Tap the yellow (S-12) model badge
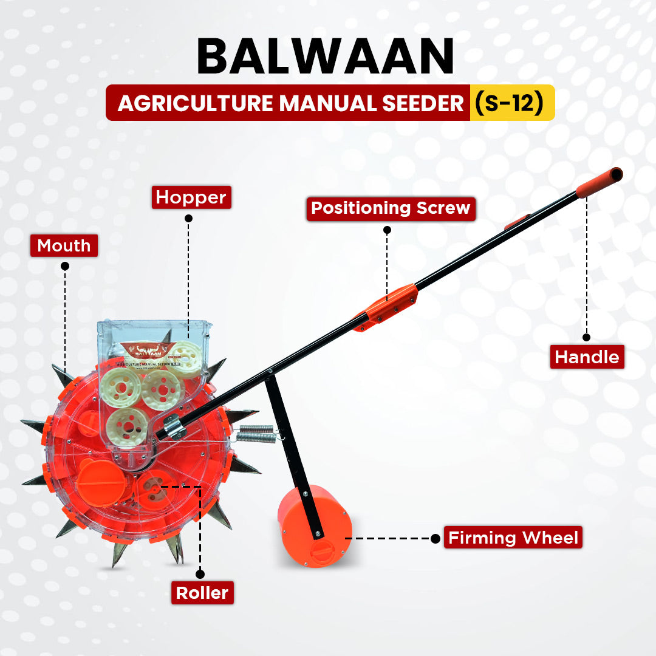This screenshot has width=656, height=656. pyautogui.click(x=511, y=103)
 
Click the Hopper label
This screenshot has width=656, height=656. pyautogui.click(x=191, y=197)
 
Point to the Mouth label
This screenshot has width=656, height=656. pyautogui.click(x=64, y=245)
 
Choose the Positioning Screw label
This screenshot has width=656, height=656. pyautogui.click(x=391, y=208)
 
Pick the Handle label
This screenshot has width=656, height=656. pyautogui.click(x=587, y=357)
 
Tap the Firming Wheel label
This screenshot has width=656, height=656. pyautogui.click(x=513, y=538)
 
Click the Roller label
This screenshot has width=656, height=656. pyautogui.click(x=202, y=592)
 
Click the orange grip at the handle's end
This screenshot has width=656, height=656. pyautogui.click(x=599, y=182)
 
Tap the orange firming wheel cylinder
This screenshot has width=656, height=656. pyautogui.click(x=314, y=525)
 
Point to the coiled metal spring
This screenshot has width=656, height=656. pyautogui.click(x=255, y=434)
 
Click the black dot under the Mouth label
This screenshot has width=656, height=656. pyautogui.click(x=65, y=266)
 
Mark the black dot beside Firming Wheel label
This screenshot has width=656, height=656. pyautogui.click(x=435, y=538)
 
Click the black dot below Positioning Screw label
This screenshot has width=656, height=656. pyautogui.click(x=388, y=230)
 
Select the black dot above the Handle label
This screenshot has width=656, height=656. pyautogui.click(x=587, y=337)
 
